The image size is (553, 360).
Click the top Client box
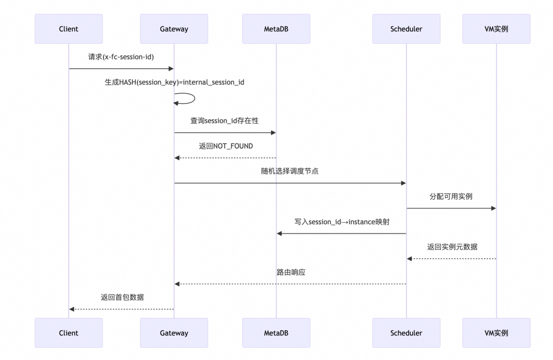click(x=69, y=29)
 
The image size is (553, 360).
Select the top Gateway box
click(x=174, y=29)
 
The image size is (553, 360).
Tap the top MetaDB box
click(x=276, y=29)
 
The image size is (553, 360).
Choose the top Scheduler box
click(x=406, y=29)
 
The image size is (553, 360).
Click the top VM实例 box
click(x=496, y=29)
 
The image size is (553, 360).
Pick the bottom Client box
click(x=69, y=333)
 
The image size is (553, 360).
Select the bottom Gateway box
click(x=174, y=333)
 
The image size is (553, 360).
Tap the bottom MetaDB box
click(x=276, y=333)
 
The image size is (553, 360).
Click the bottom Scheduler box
click(x=406, y=333)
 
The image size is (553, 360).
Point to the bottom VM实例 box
click(x=496, y=333)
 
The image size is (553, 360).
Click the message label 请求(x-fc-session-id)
click(x=121, y=57)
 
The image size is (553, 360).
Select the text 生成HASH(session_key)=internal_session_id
click(x=174, y=82)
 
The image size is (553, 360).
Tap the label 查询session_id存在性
click(x=225, y=121)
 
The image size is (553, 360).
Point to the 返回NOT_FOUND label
click(x=226, y=146)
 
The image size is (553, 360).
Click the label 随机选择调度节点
click(x=290, y=171)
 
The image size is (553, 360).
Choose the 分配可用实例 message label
click(x=451, y=196)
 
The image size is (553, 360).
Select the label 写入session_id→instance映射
click(x=342, y=222)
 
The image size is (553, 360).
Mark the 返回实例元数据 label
click(x=452, y=247)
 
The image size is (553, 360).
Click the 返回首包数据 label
click(x=122, y=297)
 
